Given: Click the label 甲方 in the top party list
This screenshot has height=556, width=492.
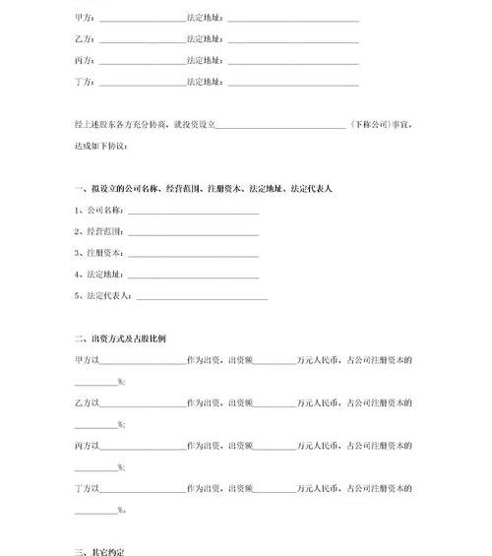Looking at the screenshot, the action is click(84, 19).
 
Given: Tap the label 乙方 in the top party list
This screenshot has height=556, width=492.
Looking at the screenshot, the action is click(84, 39).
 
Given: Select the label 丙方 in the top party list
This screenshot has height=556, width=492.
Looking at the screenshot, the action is click(84, 60).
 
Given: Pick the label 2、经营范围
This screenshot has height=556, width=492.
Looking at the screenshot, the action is click(98, 232).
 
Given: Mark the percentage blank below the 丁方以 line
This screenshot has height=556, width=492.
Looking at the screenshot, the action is click(95, 510).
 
